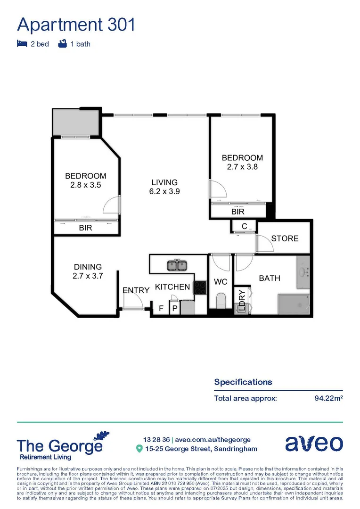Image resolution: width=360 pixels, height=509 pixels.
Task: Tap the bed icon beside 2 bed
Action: pos(21,44)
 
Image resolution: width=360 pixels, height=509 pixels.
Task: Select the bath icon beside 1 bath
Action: pos(62,44)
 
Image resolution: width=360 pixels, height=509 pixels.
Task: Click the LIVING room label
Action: pos(164,182)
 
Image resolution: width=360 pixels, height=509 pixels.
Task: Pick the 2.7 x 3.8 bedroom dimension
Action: pos(242,167)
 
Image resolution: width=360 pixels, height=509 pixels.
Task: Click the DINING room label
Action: pos(87,267)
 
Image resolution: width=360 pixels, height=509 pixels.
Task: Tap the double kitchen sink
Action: pos(177,266)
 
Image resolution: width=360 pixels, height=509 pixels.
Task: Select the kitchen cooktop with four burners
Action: pos(200,287)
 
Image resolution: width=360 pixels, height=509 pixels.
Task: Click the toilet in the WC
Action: pos(221,301)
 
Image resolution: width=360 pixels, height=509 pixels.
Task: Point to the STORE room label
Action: pos(285,238)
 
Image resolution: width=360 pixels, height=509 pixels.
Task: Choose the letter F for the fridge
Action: pos(161,309)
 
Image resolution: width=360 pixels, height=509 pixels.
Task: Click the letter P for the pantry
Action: pos(174,309)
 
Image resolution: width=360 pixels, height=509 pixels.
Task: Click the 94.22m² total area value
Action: pos(328,398)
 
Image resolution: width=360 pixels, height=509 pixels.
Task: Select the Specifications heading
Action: pos(243,382)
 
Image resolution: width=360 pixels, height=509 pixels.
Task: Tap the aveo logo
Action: pos(314,443)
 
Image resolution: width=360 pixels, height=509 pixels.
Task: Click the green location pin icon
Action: pos(139,449)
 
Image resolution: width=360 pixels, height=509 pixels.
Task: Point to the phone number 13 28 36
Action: pos(156,439)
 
